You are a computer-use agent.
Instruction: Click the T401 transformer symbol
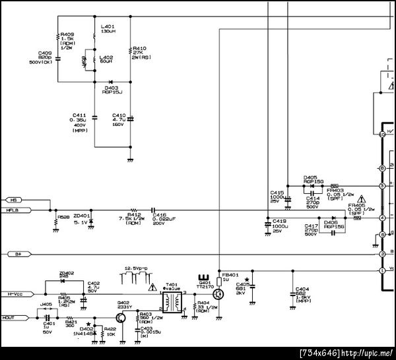pyautogui.click(x=172, y=303)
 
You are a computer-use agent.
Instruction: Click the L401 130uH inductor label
pyautogui.click(x=108, y=30)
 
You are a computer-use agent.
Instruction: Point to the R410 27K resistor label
pyautogui.click(x=141, y=53)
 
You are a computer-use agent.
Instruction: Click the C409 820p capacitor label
pyautogui.click(x=45, y=57)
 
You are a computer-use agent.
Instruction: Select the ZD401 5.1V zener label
pyautogui.click(x=82, y=219)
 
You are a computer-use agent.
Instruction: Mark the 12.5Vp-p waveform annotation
pyautogui.click(x=137, y=269)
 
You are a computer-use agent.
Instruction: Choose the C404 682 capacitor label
pyautogui.click(x=303, y=294)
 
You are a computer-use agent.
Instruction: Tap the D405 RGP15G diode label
pyautogui.click(x=312, y=179)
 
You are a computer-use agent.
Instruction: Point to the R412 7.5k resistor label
pyautogui.click(x=134, y=218)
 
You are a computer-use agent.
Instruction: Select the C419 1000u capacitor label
pyautogui.click(x=279, y=226)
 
